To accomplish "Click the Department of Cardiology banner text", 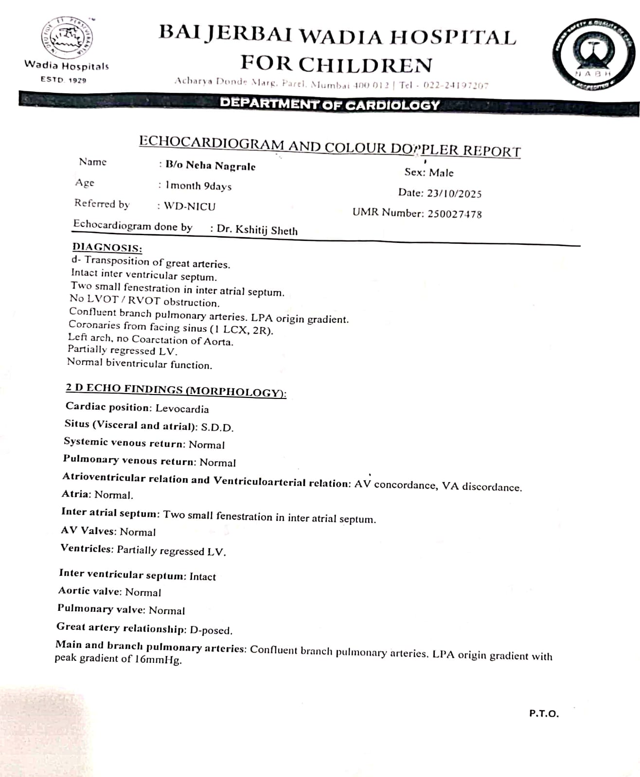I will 330,104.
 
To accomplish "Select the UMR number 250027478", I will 455,214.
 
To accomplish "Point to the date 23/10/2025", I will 454,193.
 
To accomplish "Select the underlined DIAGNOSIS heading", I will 107,248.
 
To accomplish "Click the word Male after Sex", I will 442,173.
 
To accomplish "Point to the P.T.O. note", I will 544,714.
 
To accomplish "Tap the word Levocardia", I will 182,409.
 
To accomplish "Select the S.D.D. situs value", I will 217,428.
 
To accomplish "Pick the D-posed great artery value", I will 211,630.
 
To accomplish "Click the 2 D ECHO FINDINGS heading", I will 176,390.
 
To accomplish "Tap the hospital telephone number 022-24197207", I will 456,86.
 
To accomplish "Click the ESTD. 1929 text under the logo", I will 64,80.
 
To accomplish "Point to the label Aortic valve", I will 89,591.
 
